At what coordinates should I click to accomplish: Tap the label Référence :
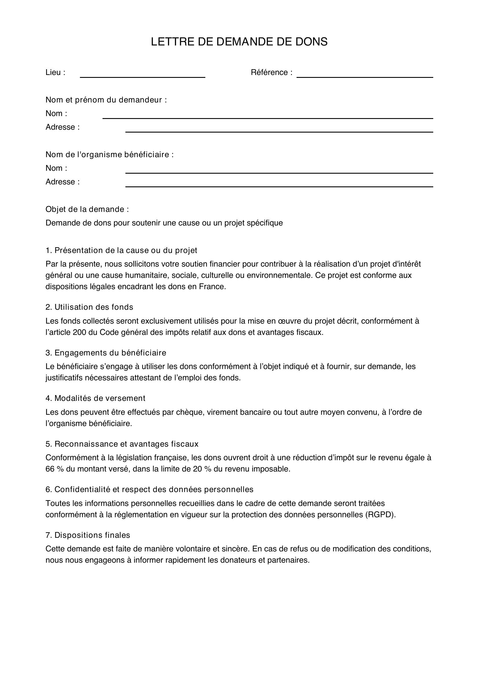(x=271, y=72)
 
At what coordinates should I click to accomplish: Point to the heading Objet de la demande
(x=87, y=209)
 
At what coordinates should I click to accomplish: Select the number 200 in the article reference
(x=79, y=332)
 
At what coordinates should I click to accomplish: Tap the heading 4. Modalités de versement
(x=95, y=398)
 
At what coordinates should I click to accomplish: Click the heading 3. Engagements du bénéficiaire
(x=106, y=353)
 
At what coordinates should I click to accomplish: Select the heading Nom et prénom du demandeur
(x=106, y=100)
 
